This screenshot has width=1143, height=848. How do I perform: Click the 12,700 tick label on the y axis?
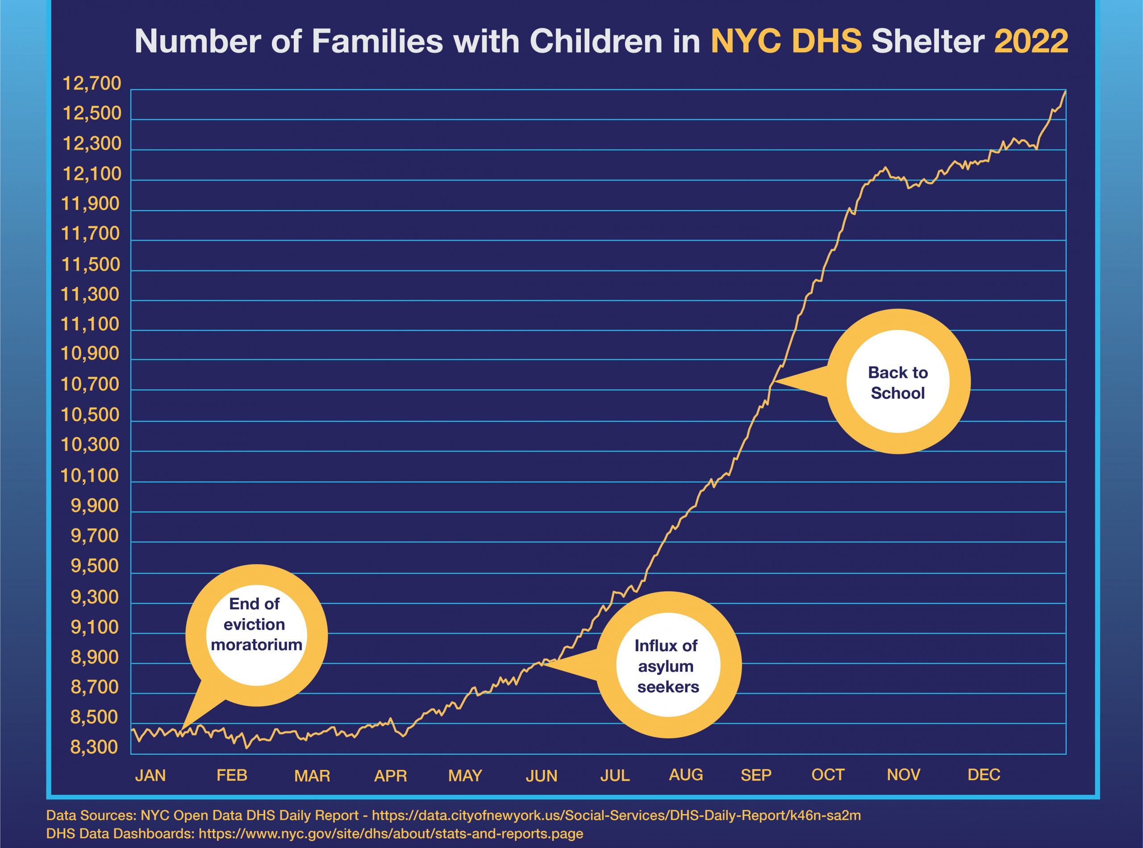click(92, 83)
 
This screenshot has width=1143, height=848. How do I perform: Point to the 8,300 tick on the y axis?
click(94, 747)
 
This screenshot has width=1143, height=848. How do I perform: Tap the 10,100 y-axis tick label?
click(90, 475)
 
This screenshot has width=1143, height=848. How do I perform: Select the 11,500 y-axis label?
click(90, 264)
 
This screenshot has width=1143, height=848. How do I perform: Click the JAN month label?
click(150, 775)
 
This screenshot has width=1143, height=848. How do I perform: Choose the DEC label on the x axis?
click(983, 775)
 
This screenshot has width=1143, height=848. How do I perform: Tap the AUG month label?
click(685, 775)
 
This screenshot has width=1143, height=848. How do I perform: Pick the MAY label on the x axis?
click(465, 775)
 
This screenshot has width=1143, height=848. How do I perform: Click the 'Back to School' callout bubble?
click(897, 382)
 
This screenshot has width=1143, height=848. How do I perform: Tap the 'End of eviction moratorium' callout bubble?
click(256, 635)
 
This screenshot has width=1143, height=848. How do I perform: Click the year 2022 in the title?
click(1030, 41)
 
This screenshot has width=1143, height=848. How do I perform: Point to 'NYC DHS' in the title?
click(786, 41)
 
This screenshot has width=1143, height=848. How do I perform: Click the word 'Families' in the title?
click(377, 41)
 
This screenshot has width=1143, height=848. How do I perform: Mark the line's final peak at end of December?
click(1065, 91)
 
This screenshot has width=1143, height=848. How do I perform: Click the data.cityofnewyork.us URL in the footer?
click(616, 815)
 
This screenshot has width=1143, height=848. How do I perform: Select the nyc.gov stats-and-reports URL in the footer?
click(390, 833)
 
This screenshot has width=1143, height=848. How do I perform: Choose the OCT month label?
click(827, 775)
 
